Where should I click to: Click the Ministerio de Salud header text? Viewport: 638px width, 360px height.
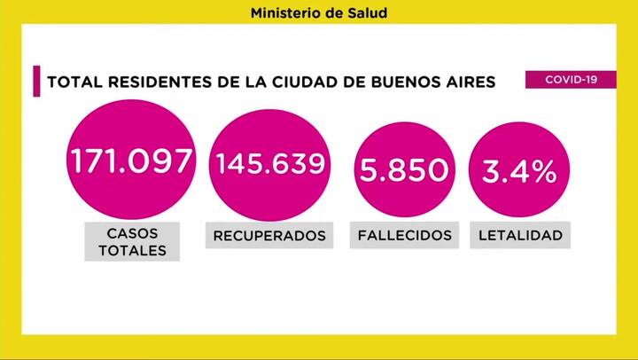pyautogui.click(x=318, y=13)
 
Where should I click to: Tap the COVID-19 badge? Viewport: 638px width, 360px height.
pyautogui.click(x=570, y=80)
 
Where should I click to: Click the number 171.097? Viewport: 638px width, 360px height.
pyautogui.click(x=131, y=161)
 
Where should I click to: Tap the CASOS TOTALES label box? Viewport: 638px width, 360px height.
pyautogui.click(x=131, y=241)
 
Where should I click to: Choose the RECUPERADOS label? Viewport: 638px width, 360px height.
pyautogui.click(x=270, y=236)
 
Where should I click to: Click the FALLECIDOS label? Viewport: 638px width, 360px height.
pyautogui.click(x=405, y=236)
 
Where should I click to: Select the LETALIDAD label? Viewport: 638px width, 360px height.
pyautogui.click(x=520, y=236)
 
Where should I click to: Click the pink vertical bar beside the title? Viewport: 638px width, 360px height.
pyautogui.click(x=36, y=82)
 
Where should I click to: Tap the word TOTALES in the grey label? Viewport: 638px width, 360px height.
pyautogui.click(x=131, y=250)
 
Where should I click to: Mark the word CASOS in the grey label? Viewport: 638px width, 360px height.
pyautogui.click(x=131, y=232)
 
